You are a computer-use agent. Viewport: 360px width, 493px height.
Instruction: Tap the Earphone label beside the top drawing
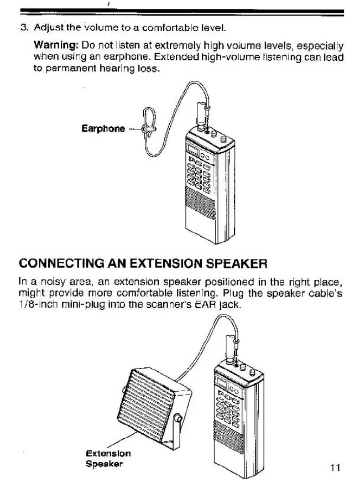[x=103, y=129]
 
